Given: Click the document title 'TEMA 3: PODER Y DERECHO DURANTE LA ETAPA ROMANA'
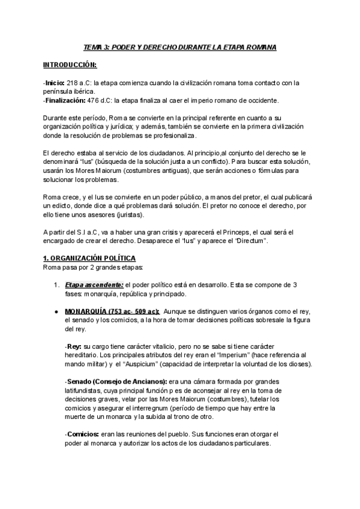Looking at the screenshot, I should point(180,47).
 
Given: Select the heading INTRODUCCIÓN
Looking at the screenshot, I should point(70,65).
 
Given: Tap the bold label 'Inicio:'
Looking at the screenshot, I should point(56,83).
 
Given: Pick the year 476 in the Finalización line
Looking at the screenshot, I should point(95,100).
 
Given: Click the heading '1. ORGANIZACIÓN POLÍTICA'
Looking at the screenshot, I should point(85,258).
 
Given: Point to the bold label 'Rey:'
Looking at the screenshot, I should point(74,347).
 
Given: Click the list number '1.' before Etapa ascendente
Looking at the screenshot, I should point(56,284).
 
